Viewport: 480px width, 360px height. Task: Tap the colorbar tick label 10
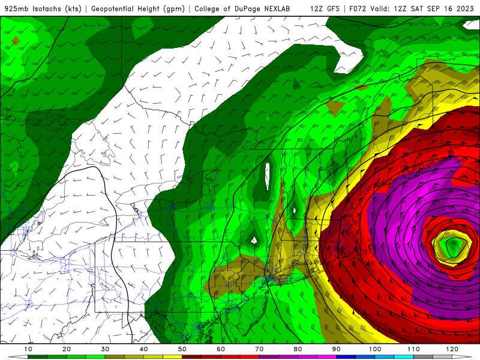coord(28,349)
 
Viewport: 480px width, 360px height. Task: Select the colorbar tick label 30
coord(105,349)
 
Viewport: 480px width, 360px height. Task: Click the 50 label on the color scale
coord(182,349)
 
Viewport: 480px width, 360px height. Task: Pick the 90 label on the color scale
coord(336,349)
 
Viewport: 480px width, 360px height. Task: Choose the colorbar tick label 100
coord(375,349)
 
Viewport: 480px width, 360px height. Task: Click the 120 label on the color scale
coord(452,349)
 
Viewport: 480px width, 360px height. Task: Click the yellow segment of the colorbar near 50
coord(172,357)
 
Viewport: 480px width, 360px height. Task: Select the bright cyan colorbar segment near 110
coord(403,357)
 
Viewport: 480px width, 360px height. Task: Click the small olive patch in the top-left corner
coord(15,41)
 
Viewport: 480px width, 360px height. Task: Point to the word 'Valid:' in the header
coord(386,9)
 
